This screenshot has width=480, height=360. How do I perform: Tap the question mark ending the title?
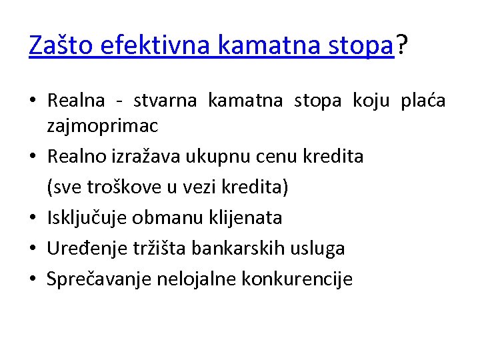[x=401, y=45]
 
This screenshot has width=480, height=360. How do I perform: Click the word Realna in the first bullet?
[x=76, y=101]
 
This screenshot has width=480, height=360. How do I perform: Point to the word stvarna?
[x=165, y=101]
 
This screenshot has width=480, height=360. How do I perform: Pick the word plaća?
[x=423, y=101]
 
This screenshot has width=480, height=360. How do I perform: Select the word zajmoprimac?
[x=103, y=126]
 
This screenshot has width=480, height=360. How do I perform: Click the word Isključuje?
[x=88, y=218]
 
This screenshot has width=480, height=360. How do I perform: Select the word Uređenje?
[x=83, y=249]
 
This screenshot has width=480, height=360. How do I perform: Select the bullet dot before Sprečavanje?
[x=33, y=280]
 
